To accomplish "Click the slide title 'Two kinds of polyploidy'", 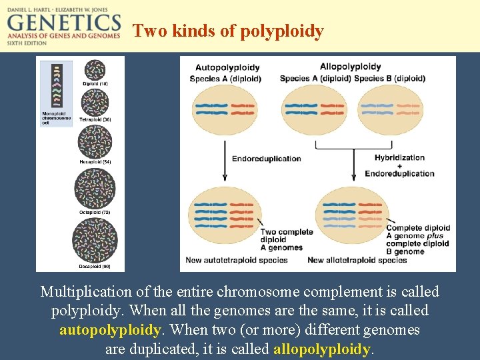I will click(228, 31).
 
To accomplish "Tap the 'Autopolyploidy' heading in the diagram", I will click(227, 67).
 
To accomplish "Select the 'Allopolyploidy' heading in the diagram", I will click(350, 67).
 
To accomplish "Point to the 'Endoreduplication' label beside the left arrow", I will click(266, 159).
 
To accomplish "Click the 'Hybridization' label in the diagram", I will click(399, 158).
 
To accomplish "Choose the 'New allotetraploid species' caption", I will click(357, 260).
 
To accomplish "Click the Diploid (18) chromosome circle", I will click(95, 69).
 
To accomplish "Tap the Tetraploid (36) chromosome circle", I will click(95, 103).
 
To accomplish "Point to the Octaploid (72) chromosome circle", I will click(95, 189).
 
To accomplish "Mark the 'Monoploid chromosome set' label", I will click(56, 117).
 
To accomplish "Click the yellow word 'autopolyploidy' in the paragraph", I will click(111, 330).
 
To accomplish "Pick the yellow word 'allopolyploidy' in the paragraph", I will click(321, 349).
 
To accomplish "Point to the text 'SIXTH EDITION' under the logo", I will click(27, 43).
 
